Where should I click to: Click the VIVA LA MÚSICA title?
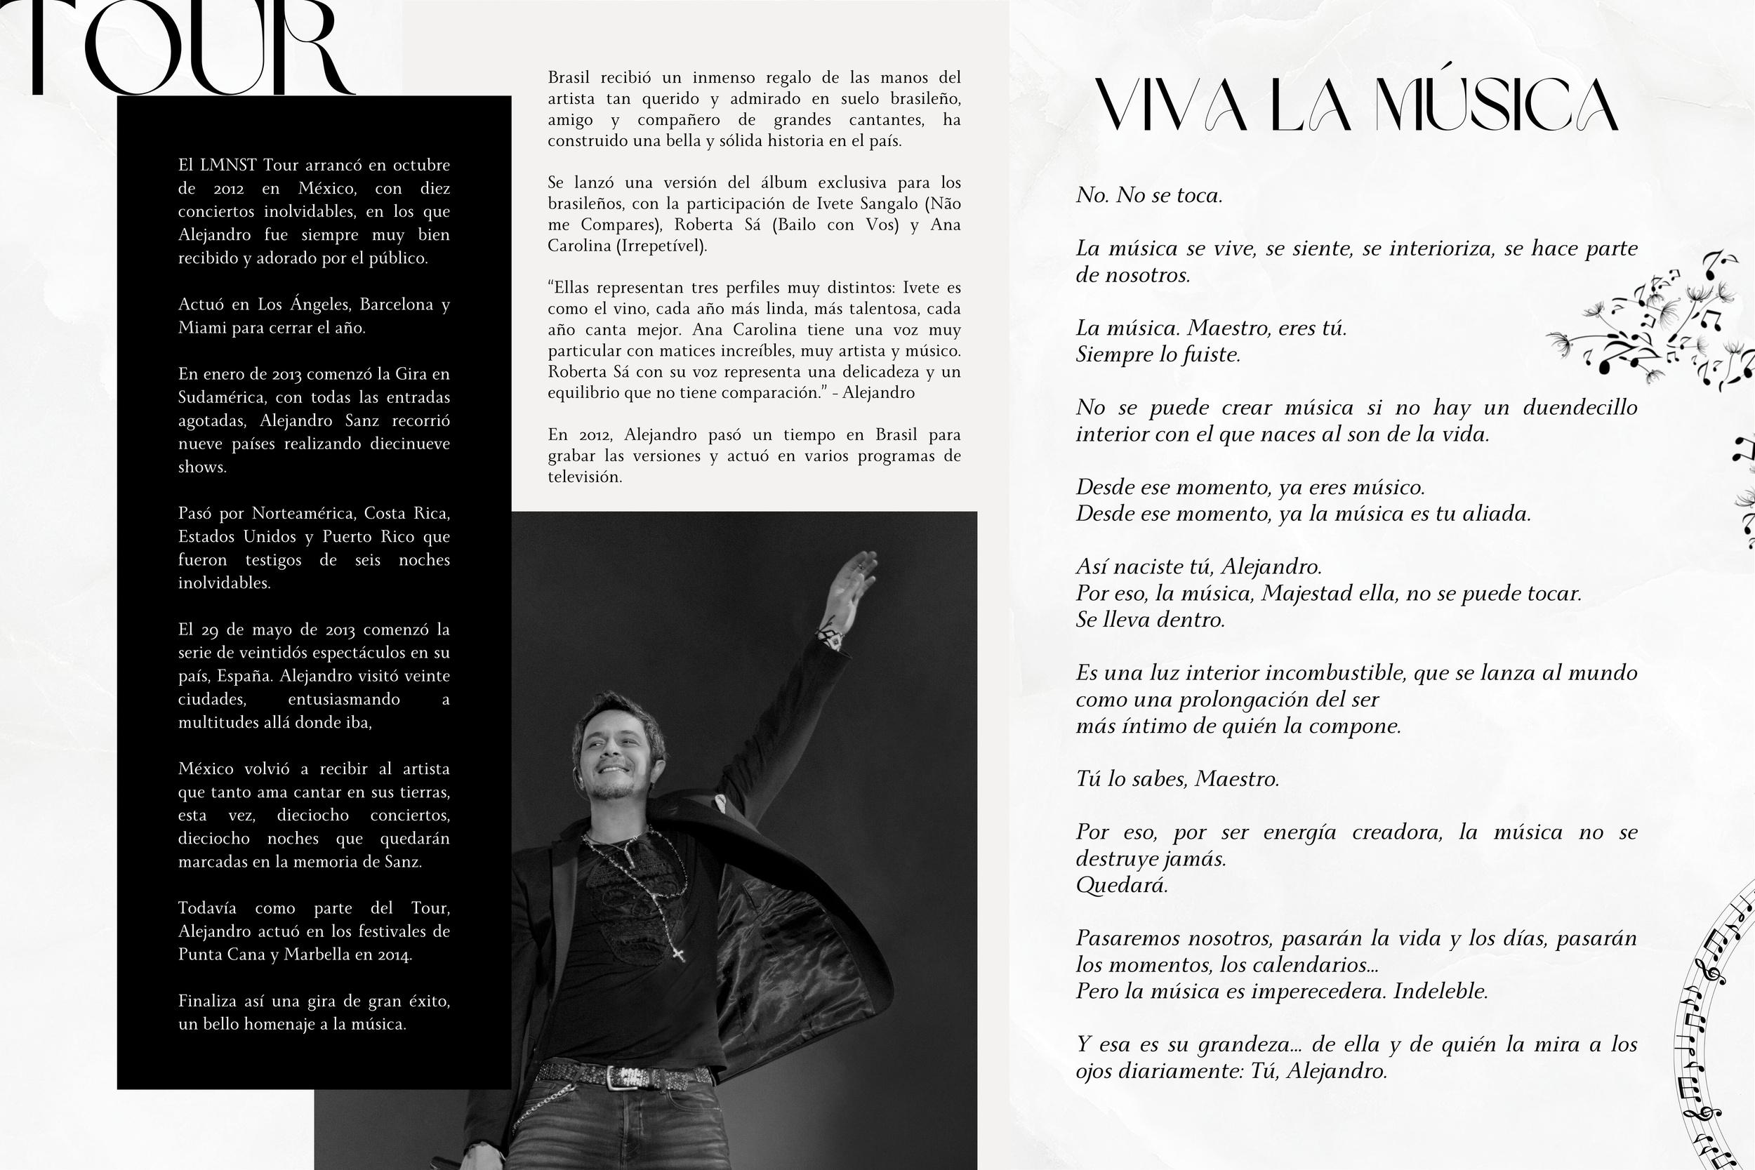pos(1356,106)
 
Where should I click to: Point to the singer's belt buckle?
pos(624,1076)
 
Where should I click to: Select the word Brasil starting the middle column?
pos(569,78)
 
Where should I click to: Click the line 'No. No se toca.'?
pos(1149,196)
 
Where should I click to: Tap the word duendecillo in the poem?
pos(1579,407)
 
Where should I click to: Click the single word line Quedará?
pos(1122,885)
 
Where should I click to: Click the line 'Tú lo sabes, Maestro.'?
pos(1177,779)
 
